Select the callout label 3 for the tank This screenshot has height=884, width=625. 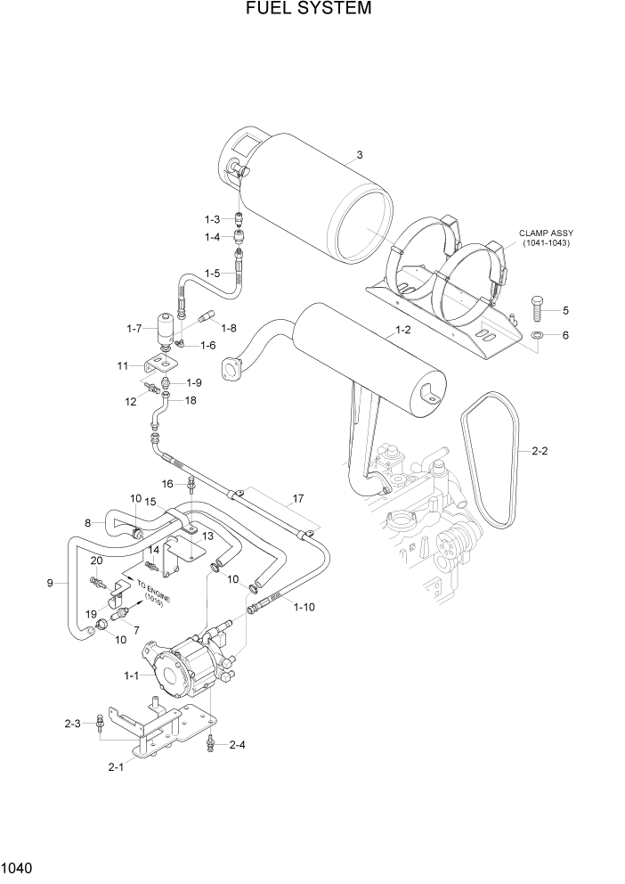(360, 155)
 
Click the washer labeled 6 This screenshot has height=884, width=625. (539, 334)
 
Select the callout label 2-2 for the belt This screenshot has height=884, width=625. (540, 452)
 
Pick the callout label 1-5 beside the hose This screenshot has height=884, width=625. (213, 273)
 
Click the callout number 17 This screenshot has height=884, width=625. (298, 498)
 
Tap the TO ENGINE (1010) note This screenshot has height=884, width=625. (153, 590)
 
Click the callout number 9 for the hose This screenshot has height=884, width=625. (50, 583)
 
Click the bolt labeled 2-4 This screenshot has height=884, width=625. (210, 742)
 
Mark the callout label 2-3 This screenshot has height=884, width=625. (73, 724)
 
